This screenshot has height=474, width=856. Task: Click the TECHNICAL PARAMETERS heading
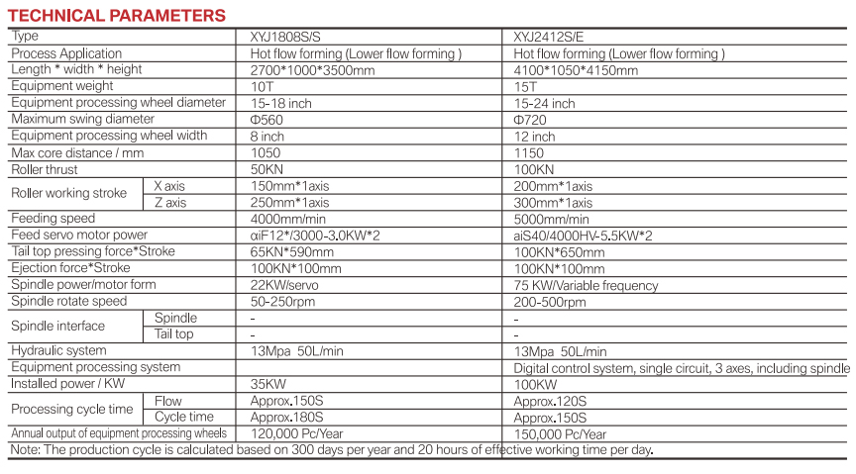[117, 16]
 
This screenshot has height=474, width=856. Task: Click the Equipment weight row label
[62, 86]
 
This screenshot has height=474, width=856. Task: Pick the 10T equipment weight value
[262, 87]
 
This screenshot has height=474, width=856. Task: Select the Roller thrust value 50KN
[267, 169]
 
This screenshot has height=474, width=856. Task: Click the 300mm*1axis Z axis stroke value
[553, 203]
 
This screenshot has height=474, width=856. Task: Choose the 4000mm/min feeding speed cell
[288, 219]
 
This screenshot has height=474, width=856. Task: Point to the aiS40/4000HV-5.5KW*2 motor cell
[584, 236]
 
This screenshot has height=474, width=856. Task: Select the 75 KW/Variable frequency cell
[586, 285]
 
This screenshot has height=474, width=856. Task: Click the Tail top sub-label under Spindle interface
[174, 334]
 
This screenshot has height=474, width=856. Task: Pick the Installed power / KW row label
[68, 383]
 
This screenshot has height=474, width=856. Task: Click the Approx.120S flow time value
[550, 402]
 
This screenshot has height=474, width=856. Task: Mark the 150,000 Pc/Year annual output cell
[560, 434]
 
